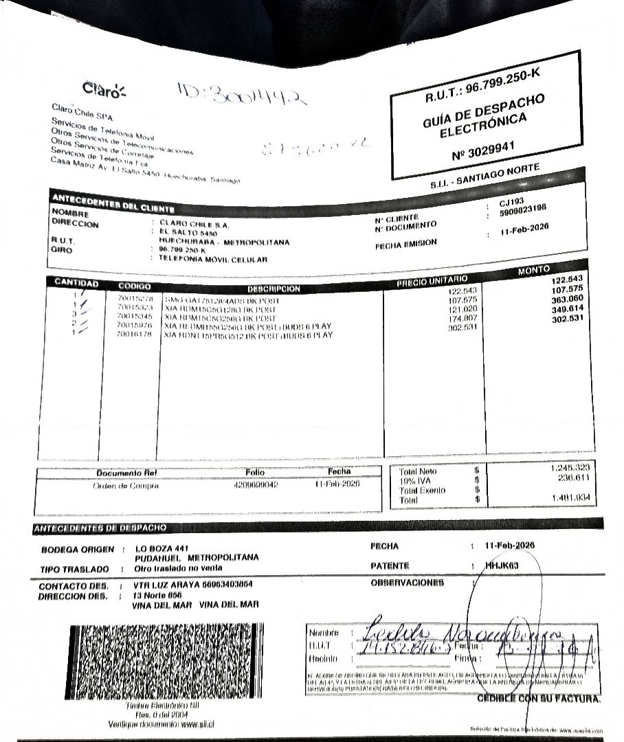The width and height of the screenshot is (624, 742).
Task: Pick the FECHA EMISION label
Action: pyautogui.click(x=406, y=243)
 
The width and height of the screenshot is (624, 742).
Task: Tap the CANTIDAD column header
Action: pyautogui.click(x=76, y=284)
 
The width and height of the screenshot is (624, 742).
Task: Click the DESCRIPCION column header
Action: pyautogui.click(x=274, y=289)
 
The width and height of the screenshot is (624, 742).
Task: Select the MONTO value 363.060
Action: pyautogui.click(x=567, y=299)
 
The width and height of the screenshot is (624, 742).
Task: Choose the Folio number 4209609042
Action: pyautogui.click(x=255, y=484)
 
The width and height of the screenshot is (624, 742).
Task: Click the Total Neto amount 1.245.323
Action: pyautogui.click(x=570, y=468)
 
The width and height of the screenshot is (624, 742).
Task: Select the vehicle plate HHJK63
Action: pyautogui.click(x=504, y=565)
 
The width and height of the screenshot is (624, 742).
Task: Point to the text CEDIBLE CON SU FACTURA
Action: pyautogui.click(x=539, y=699)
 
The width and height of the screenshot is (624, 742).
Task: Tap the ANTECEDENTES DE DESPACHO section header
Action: pyautogui.click(x=100, y=528)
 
